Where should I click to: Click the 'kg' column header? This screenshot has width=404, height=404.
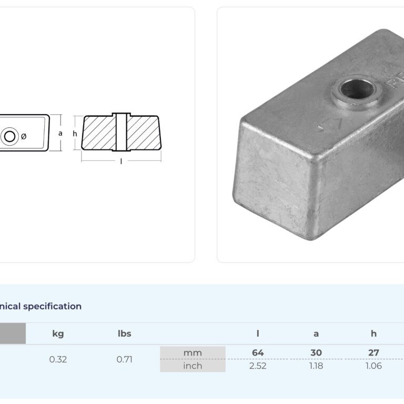click(x=58, y=334)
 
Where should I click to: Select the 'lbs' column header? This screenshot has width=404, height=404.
click(x=125, y=334)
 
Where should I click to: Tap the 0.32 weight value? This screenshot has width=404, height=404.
click(x=58, y=359)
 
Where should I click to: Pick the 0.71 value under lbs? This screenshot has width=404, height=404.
click(x=125, y=359)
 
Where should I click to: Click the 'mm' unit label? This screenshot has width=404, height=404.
click(x=193, y=353)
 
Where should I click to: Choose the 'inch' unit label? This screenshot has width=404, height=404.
click(x=193, y=366)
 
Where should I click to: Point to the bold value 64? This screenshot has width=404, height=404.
click(x=258, y=352)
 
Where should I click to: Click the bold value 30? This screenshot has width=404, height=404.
click(x=316, y=352)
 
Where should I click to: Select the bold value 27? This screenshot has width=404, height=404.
click(x=373, y=352)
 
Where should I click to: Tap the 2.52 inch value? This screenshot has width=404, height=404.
click(x=258, y=366)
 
